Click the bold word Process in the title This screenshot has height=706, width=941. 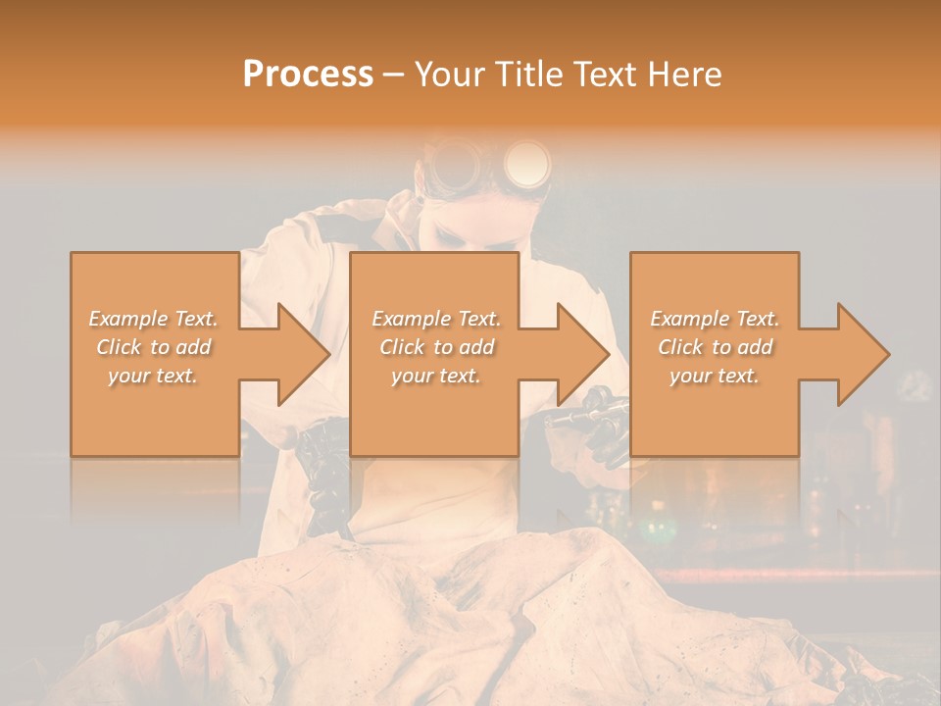pos(308,75)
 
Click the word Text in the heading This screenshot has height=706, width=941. pos(602,75)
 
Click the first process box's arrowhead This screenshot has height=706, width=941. pos(299,354)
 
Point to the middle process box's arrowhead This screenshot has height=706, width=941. pos(579,354)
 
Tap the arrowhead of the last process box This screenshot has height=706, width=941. pos(860,354)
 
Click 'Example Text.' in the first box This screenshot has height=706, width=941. pos(153,319)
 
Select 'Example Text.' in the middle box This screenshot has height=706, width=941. pos(435,319)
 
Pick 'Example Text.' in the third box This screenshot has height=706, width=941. pos(715,319)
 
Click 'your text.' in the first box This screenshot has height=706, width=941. pos(153,376)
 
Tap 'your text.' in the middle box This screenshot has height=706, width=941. pos(435,376)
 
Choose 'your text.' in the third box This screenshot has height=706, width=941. pos(715,376)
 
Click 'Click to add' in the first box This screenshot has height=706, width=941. pos(153,347)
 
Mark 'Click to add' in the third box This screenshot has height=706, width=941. pos(715,347)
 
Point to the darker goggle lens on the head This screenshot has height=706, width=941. pos(454,164)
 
